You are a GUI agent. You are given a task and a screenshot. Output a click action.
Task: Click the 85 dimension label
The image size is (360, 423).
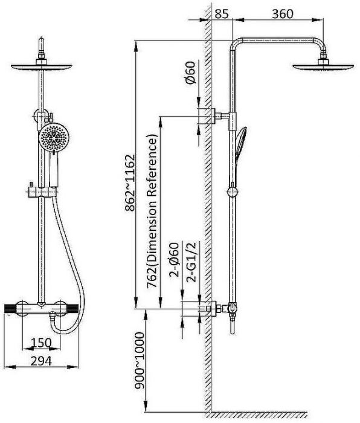point(222,14)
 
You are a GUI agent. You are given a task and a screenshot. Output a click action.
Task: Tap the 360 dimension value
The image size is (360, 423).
point(282,14)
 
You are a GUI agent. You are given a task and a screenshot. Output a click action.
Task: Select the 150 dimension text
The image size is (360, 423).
point(41,343)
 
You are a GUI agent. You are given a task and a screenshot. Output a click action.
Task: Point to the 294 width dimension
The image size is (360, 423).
point(41,361)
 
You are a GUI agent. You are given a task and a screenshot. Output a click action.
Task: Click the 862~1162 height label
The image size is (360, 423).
point(130,182)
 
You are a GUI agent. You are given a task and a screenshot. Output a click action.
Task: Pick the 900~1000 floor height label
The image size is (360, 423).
point(140,360)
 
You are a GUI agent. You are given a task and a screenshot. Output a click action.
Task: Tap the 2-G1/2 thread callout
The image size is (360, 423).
point(193,262)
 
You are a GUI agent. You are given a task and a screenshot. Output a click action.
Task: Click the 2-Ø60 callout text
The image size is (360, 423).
point(174,260)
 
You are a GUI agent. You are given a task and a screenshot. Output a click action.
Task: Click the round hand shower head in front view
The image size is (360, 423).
point(54,138)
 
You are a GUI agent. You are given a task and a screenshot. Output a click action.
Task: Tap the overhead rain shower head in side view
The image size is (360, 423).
point(323,66)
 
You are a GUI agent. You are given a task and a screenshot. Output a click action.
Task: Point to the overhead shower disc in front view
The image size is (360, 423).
point(41,66)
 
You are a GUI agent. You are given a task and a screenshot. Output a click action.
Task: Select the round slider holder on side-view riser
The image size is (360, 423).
point(232,192)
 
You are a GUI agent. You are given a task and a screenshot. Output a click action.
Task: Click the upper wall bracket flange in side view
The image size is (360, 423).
point(213,116)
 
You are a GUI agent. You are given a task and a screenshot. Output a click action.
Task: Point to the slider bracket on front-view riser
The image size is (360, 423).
point(42,192)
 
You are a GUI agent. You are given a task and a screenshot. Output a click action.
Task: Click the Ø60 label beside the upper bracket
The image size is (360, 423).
point(191,73)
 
